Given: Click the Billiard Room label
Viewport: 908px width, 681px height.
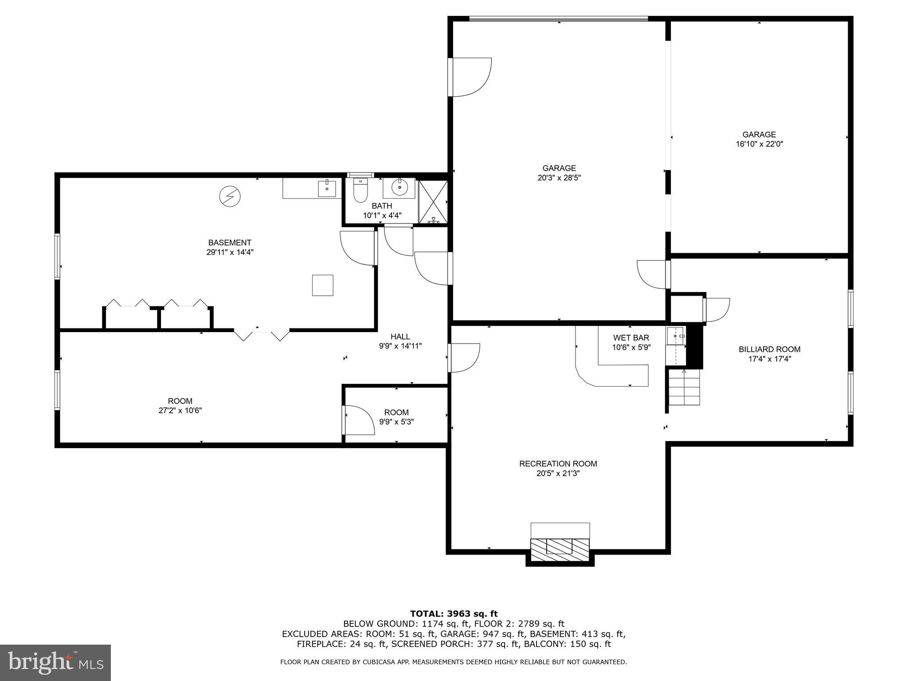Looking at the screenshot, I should pos(769,349).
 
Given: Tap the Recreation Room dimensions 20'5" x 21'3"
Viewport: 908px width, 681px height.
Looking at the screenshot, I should pos(558,474).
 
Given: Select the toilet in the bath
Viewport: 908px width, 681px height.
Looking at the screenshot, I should pos(360,191).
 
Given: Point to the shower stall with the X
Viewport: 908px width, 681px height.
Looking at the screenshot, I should pos(433,202).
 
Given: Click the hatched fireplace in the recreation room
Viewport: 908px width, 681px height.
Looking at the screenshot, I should pos(560,547).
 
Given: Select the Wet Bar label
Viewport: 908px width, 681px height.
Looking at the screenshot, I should pos(631,338).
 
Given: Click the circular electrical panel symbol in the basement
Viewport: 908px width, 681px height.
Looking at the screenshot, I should pos(230,196).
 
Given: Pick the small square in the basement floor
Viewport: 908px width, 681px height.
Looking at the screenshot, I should pos(322,285).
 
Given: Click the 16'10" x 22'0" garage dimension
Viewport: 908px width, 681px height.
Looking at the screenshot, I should pos(759,144).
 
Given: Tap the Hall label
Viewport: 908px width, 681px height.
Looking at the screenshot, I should pos(400,337).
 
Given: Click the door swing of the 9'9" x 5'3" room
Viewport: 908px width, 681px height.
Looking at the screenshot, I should pos(359,420).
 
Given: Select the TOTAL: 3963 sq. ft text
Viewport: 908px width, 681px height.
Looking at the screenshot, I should pos(454,614).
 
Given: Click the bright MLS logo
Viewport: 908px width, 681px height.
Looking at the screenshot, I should pos(55,663).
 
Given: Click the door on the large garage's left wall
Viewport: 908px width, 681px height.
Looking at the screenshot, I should pos(470,77).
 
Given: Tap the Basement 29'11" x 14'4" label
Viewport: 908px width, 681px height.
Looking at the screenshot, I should pos(230,247).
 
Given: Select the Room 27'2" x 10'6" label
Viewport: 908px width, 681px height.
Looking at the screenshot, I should pos(180,406).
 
